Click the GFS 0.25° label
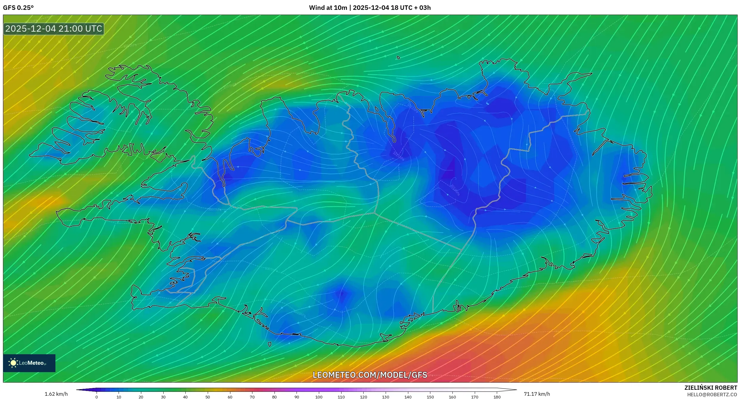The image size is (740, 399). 18,8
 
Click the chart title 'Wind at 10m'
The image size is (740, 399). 328,8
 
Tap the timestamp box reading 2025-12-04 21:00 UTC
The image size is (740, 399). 54,29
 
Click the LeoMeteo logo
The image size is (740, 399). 29,363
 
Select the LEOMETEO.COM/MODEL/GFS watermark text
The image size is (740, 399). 370,375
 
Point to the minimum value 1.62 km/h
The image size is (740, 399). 56,394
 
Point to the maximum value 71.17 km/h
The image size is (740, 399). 537,394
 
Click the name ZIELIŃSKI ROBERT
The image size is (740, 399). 710,388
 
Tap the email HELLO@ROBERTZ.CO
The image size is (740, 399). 712,395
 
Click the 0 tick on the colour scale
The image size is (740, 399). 97,397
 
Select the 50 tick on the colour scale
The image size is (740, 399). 208,397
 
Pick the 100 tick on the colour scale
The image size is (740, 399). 319,397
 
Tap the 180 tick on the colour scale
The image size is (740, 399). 497,397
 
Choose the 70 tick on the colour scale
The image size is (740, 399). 252,397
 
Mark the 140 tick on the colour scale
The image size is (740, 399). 408,397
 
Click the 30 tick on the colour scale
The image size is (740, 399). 163,397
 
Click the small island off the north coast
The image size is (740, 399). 398,58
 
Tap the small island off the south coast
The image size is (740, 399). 270,344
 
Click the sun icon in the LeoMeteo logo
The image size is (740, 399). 13,363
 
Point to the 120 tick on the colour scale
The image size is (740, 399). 363,397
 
